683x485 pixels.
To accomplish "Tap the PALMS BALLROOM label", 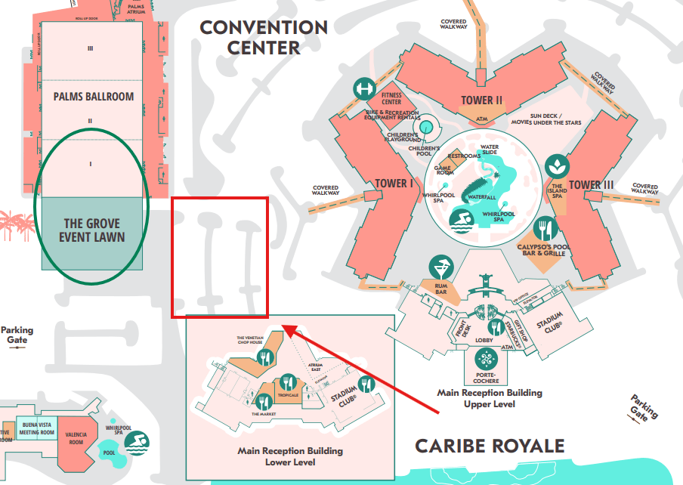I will click(94, 97).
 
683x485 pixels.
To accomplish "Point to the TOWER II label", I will click(482, 100).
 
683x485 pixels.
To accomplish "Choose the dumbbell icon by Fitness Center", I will click(363, 89).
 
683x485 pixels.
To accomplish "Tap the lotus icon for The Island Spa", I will click(558, 166).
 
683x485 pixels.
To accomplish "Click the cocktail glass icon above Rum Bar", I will click(438, 267).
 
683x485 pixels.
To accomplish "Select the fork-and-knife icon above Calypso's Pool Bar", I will click(543, 228).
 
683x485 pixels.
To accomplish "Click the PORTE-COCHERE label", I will click(487, 375).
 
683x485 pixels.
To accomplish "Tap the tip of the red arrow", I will click(284, 326).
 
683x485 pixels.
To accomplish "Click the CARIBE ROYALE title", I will click(490, 446).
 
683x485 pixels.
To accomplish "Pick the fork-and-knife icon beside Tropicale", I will click(287, 383).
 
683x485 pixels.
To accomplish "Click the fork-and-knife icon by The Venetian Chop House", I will click(264, 357).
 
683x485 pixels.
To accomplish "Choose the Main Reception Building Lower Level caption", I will click(290, 456).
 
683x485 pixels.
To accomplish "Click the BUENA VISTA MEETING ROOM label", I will click(36, 429).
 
